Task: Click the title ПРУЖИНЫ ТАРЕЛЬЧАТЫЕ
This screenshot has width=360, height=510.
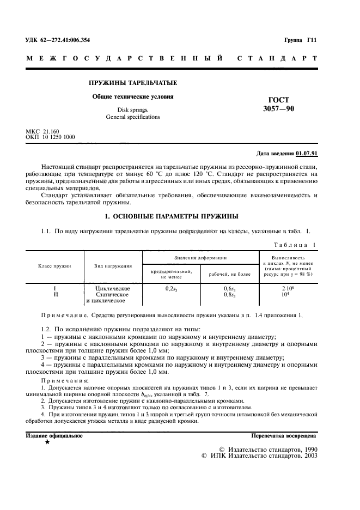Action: pos(133,83)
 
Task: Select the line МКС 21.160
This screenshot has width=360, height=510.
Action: pos(42,131)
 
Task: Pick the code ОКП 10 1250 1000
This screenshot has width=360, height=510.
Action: pos(51,137)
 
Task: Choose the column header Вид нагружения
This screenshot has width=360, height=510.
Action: pos(113,266)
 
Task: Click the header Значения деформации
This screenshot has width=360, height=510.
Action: pos(200,257)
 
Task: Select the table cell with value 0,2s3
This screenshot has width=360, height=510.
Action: pos(172,288)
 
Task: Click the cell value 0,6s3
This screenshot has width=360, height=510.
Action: pos(229,288)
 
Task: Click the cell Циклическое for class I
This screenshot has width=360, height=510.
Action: pos(112,288)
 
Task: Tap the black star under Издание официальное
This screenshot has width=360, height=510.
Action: pos(47,442)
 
